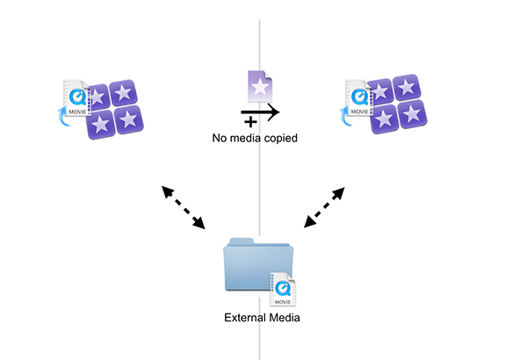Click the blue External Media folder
(258, 264)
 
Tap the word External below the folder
(243, 318)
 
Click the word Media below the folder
(283, 318)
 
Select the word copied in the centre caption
(281, 139)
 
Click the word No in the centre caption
(219, 138)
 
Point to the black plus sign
(250, 122)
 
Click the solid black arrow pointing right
(260, 112)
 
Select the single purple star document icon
(260, 86)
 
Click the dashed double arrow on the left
(184, 207)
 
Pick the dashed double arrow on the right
(324, 207)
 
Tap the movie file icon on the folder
(283, 290)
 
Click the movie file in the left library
(76, 97)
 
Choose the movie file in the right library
(359, 97)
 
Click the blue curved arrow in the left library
(63, 116)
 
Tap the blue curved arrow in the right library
(345, 116)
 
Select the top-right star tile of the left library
(123, 92)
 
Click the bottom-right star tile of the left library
(129, 119)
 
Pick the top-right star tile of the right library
(407, 87)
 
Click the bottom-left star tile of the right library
(385, 119)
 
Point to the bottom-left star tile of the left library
(101, 125)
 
